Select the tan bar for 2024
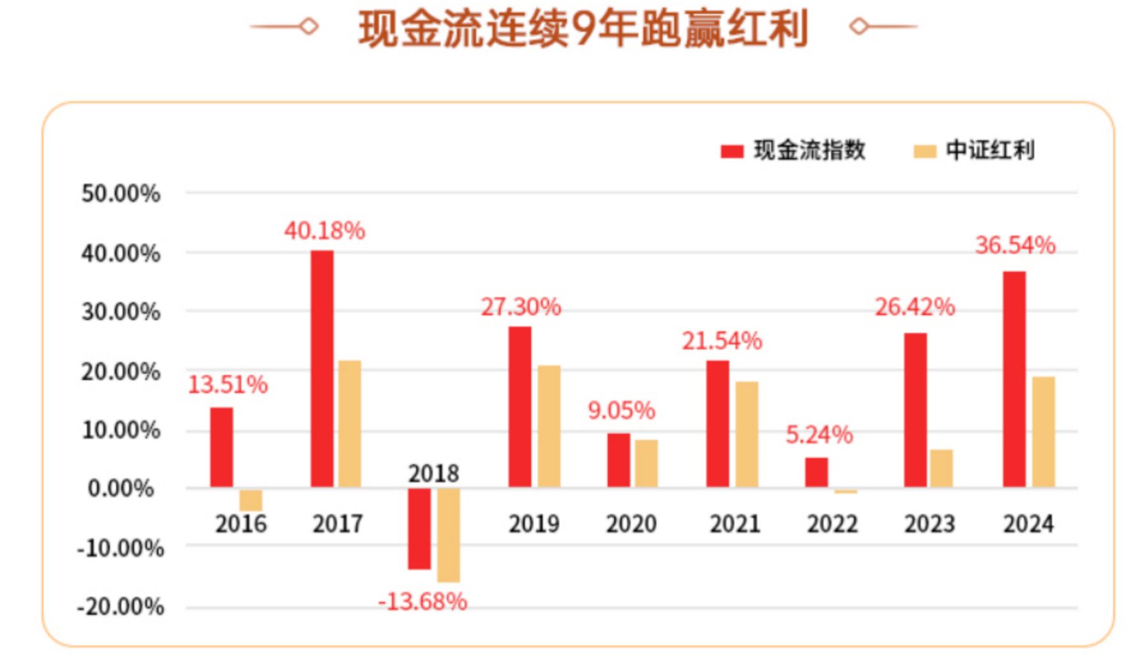tap(1043, 432)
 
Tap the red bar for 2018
tap(419, 528)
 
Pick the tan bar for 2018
tap(448, 535)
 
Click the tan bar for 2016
tap(251, 500)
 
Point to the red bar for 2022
tap(816, 472)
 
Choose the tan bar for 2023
tap(941, 468)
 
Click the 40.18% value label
tap(325, 231)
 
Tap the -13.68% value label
tap(422, 602)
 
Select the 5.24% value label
tap(819, 435)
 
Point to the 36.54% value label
tap(1015, 245)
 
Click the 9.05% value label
tap(621, 410)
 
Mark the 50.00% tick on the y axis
tap(121, 194)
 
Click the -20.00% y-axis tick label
tap(120, 606)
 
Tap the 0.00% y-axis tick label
tap(121, 489)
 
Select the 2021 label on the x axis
tap(735, 525)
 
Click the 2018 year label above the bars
tap(433, 473)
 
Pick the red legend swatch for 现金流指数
tap(732, 151)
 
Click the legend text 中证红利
tap(990, 150)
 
